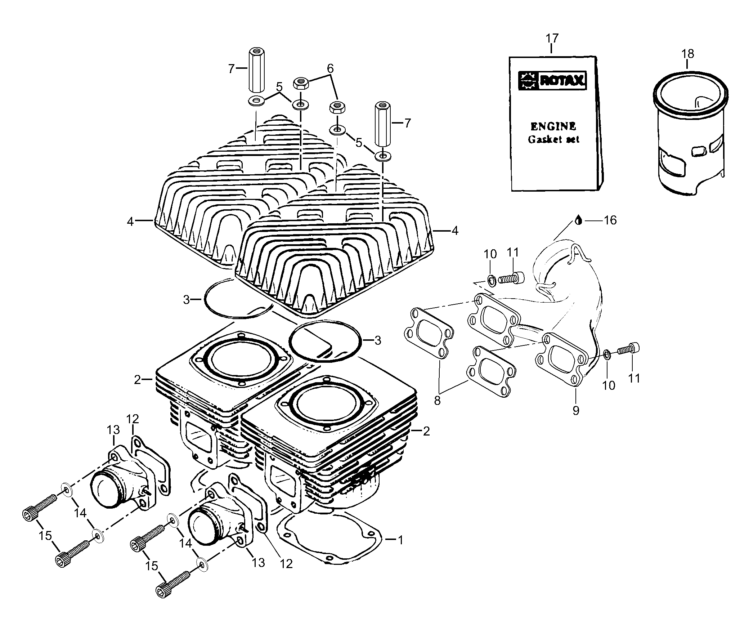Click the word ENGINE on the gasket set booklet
(x=553, y=126)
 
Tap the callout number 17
(x=552, y=38)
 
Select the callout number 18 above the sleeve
(x=687, y=54)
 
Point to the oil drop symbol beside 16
(x=578, y=220)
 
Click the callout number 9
(x=576, y=410)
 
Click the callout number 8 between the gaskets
(x=437, y=401)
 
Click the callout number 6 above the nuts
(x=330, y=68)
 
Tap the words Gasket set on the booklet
(x=553, y=139)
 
